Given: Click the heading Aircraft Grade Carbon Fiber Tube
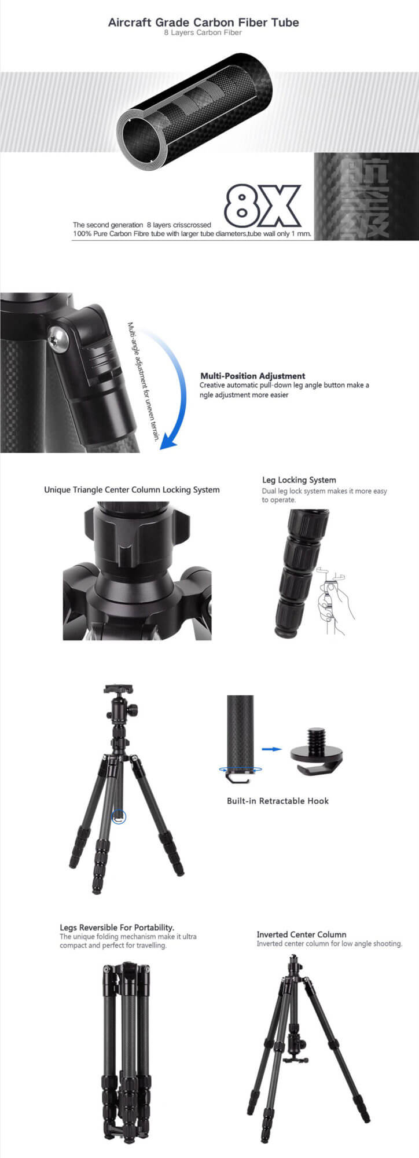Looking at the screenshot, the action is coord(204,23).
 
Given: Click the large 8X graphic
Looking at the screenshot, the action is coord(263,206).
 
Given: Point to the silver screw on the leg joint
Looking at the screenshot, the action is coord(59,339).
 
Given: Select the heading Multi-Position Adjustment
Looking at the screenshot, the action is coord(252,376).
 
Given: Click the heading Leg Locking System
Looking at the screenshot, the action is coord(299,480).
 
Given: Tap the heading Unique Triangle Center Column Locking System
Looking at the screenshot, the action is coord(132,490).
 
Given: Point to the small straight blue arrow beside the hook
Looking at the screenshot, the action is coord(271,749).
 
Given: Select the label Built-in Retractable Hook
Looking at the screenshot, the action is coord(278,801).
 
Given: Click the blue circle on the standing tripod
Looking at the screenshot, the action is coord(118,817).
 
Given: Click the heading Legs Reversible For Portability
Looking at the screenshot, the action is coord(117,927).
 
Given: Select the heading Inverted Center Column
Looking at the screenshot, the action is coord(302,934).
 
